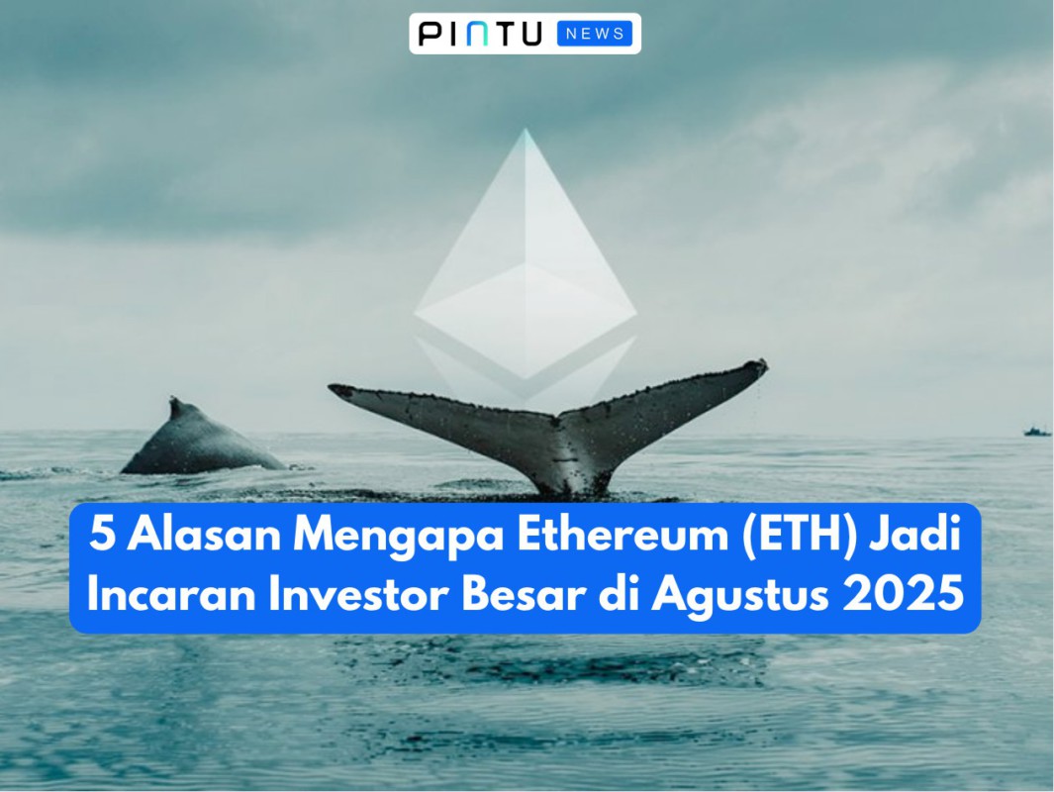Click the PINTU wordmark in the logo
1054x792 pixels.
click(x=480, y=34)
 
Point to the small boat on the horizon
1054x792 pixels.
click(x=1036, y=431)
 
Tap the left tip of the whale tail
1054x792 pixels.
click(x=335, y=390)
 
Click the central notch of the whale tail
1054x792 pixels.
click(x=560, y=420)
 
